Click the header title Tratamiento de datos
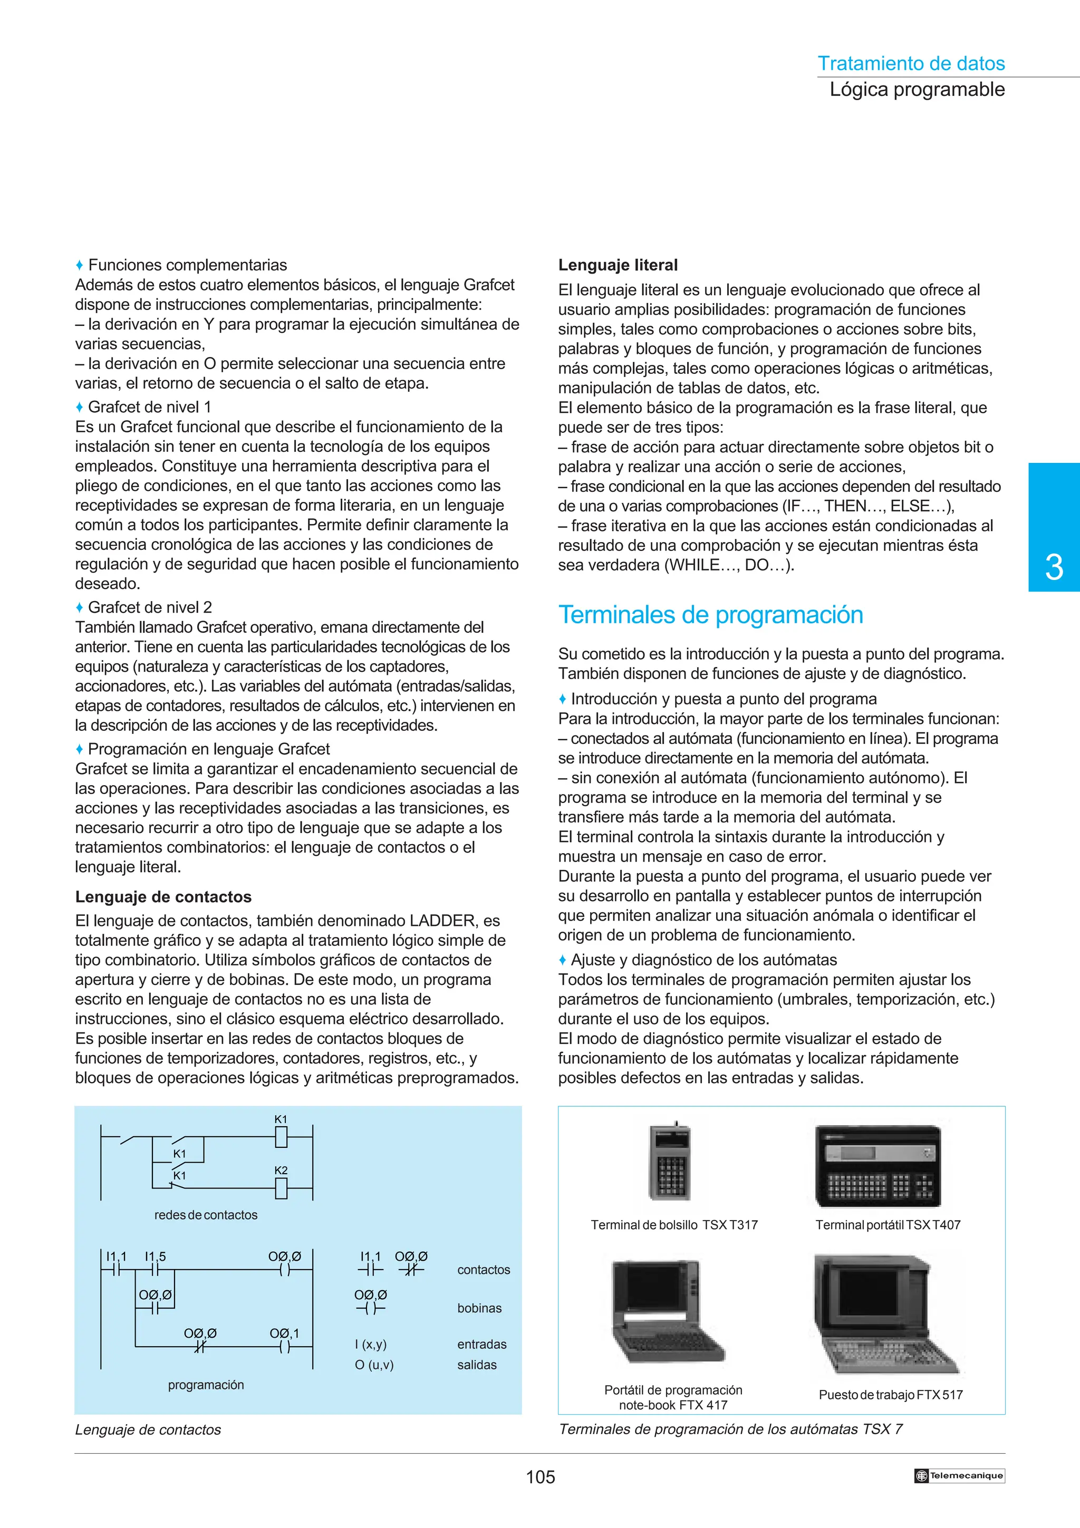coord(910,63)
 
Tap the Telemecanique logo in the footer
coord(959,1475)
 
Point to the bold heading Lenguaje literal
coord(618,265)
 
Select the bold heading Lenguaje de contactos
coord(163,896)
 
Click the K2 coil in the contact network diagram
coord(281,1188)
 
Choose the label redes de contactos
coord(206,1215)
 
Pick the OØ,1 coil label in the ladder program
coord(284,1333)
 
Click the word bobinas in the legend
coord(479,1308)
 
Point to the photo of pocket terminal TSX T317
coord(670,1162)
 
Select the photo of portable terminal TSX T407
coord(877,1165)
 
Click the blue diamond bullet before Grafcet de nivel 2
coord(79,607)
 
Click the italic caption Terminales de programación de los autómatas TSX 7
coord(730,1429)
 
